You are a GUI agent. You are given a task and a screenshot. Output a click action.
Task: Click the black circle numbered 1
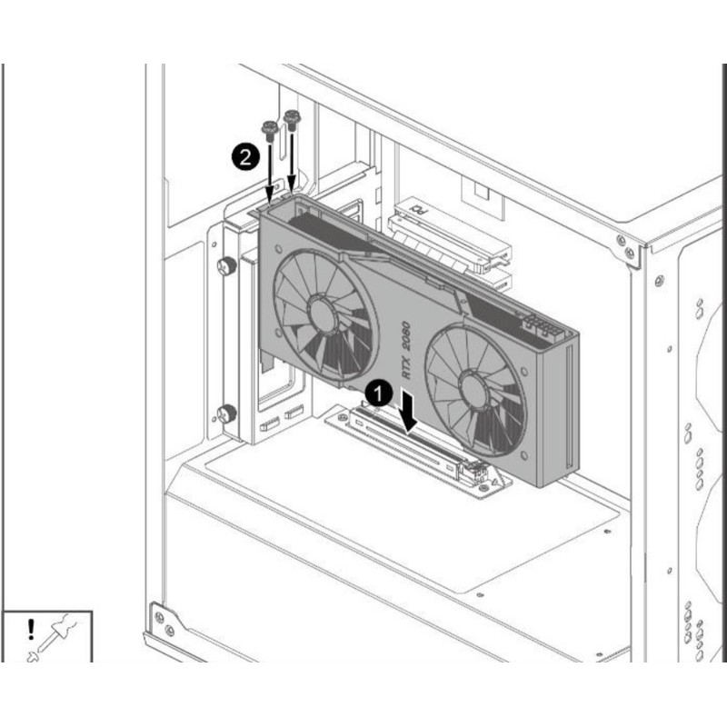pos(378,393)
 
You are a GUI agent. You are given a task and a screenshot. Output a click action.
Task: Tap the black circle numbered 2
pos(244,157)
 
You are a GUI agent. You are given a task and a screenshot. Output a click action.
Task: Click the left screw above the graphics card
pos(269,129)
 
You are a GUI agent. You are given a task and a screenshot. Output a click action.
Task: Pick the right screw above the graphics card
pos(292,119)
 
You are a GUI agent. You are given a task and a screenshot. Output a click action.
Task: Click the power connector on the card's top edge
pos(541,328)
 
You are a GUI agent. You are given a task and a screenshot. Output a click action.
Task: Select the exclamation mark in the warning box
pos(31,628)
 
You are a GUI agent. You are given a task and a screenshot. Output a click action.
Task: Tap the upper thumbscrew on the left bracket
pos(225,267)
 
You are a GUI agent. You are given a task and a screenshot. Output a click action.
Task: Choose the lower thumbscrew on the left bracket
pos(225,413)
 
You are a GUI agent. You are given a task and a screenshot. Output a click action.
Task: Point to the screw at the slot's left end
pos(342,418)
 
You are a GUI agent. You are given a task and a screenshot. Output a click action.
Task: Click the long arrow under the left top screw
pos(270,173)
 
